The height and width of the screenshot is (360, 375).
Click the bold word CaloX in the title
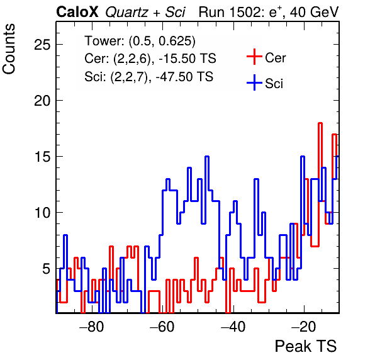click(77, 12)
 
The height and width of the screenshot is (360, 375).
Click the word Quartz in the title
click(126, 13)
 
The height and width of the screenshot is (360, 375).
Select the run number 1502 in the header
click(246, 12)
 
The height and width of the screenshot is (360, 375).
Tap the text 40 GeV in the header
click(314, 12)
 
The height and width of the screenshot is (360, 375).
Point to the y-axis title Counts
click(9, 49)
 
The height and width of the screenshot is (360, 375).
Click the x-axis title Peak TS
click(306, 346)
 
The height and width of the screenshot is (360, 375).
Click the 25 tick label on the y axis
click(42, 45)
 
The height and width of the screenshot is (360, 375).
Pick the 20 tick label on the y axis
click(42, 101)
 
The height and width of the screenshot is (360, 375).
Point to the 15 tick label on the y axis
click(42, 157)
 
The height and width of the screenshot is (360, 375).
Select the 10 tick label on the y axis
click(42, 212)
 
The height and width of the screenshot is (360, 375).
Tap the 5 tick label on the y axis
click(47, 268)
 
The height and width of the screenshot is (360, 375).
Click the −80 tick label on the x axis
click(92, 327)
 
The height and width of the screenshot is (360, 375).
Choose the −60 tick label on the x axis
click(162, 327)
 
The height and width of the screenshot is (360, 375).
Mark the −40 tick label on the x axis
click(233, 327)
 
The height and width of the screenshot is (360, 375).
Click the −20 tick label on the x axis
click(304, 327)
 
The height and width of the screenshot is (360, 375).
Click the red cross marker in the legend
click(254, 57)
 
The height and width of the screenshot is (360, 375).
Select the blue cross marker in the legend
click(254, 83)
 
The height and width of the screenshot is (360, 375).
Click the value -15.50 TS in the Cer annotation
click(187, 59)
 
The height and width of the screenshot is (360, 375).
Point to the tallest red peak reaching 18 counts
click(320, 123)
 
